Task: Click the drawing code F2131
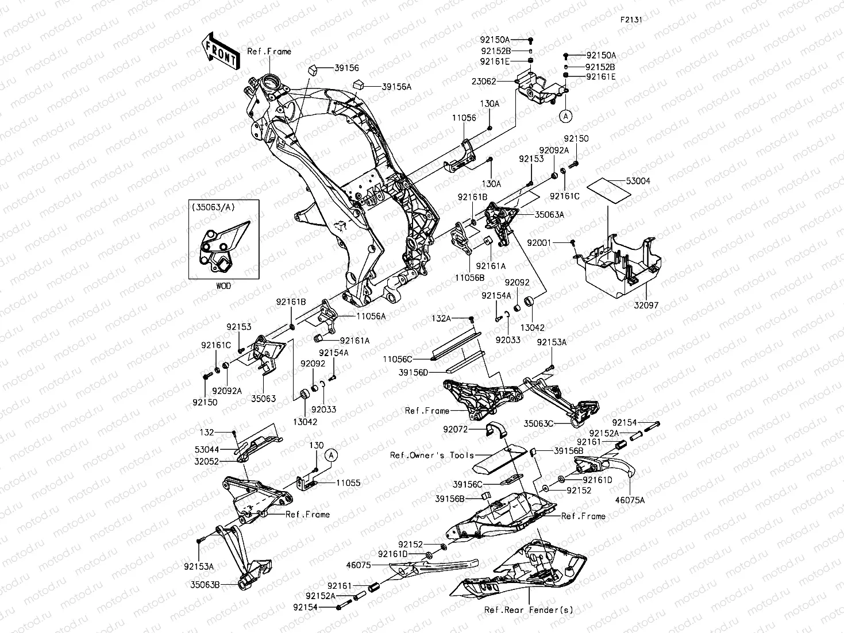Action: (x=630, y=19)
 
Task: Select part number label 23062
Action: (x=484, y=82)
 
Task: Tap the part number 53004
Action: (x=638, y=181)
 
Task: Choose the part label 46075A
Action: (x=631, y=500)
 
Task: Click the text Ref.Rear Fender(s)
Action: (x=528, y=610)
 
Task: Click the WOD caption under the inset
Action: (x=223, y=285)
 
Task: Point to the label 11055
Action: (x=348, y=483)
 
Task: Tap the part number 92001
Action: (x=539, y=243)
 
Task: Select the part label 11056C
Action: (x=398, y=359)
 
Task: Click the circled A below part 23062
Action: (x=565, y=115)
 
